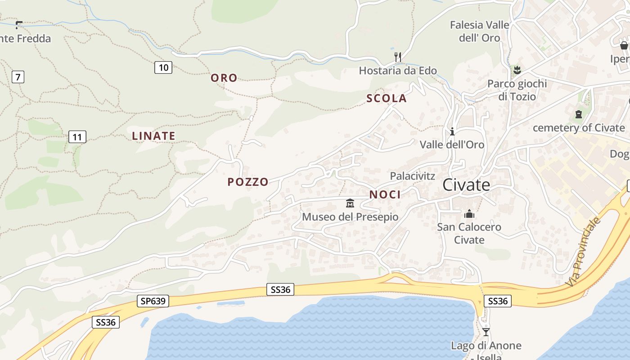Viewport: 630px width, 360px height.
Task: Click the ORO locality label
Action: tap(224, 78)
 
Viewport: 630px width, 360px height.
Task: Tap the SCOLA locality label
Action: tap(387, 99)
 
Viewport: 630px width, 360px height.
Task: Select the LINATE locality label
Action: tap(153, 135)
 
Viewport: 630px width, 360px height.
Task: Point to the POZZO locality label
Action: tap(248, 182)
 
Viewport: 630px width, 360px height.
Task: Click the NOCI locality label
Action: tap(385, 194)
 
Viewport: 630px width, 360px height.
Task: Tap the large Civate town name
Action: tap(466, 185)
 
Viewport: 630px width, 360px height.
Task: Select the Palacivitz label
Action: tap(413, 176)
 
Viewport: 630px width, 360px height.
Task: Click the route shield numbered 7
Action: tap(18, 77)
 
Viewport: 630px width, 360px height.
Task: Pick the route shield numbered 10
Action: tap(163, 67)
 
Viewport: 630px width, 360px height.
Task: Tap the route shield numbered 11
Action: tap(77, 137)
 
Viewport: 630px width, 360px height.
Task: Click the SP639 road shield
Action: tap(153, 301)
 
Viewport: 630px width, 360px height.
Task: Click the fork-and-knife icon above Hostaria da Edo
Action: tap(397, 57)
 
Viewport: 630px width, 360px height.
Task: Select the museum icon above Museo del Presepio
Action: tap(350, 203)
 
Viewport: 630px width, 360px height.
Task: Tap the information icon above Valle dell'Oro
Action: tap(452, 131)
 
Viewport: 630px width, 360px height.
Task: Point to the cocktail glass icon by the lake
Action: tap(486, 332)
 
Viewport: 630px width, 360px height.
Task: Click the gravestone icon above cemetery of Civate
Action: tap(579, 114)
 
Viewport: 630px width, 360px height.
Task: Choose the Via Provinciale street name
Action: tap(584, 252)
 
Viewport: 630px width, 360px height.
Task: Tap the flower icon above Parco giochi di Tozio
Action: tap(517, 70)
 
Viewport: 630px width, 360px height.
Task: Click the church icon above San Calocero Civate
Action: tap(469, 214)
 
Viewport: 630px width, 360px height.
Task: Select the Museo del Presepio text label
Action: tap(350, 217)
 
